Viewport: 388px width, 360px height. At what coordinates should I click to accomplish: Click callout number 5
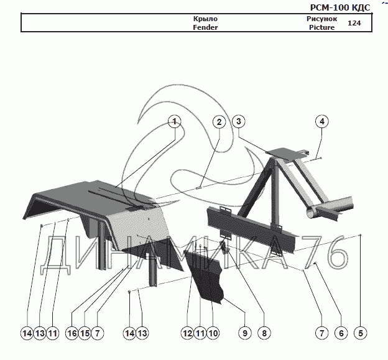(x=360, y=333)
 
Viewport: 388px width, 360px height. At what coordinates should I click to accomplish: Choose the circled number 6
(x=340, y=333)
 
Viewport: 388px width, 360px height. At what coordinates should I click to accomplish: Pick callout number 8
(x=264, y=333)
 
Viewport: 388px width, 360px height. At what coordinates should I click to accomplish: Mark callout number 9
(x=245, y=333)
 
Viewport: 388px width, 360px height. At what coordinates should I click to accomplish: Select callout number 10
(x=213, y=333)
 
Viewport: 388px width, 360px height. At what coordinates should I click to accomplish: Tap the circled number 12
(x=187, y=333)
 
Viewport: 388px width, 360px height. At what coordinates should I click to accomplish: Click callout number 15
(x=85, y=333)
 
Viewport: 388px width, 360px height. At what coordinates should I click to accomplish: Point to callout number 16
(x=72, y=333)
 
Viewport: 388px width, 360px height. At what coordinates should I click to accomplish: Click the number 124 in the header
(x=354, y=23)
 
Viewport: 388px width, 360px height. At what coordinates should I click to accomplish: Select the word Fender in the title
(x=205, y=27)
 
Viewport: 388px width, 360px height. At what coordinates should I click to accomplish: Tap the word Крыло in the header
(x=205, y=19)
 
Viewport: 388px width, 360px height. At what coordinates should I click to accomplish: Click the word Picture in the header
(x=321, y=27)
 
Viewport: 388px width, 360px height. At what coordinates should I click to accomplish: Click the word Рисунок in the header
(x=321, y=19)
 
